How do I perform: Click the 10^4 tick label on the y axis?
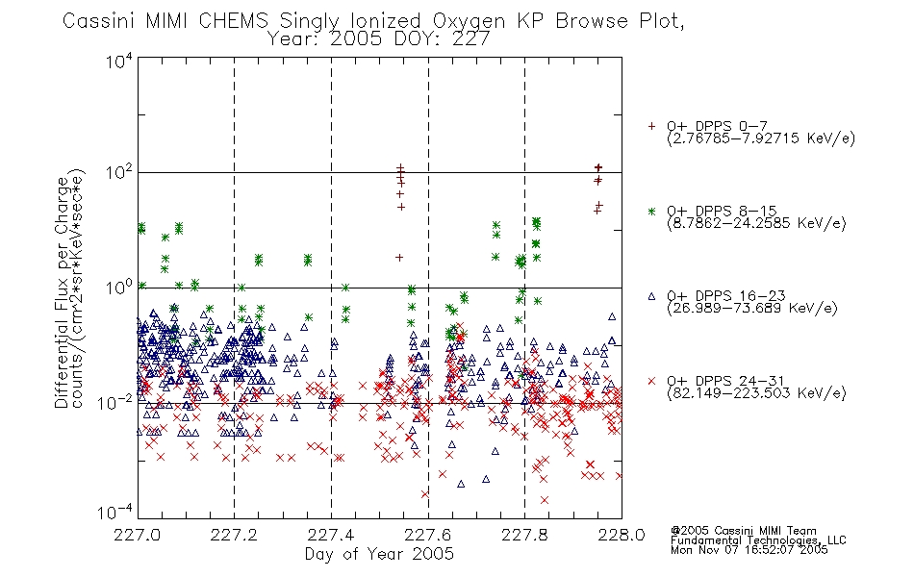[119, 62]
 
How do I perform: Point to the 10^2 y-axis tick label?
[119, 173]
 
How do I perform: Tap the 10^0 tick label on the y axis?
[119, 288]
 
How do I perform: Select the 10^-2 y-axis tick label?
[116, 403]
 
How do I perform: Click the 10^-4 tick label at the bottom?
[116, 513]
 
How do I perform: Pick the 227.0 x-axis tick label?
[138, 535]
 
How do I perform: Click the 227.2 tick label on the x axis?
[234, 535]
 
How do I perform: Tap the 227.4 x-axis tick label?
[331, 535]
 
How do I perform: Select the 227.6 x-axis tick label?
[428, 535]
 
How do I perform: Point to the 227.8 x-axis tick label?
[524, 535]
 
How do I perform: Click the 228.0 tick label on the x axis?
[622, 535]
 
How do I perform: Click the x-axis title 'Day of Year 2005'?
[379, 554]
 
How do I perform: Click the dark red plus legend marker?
[651, 126]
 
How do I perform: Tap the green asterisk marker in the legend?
[651, 211]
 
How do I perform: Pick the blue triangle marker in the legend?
[651, 296]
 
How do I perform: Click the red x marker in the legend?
[651, 381]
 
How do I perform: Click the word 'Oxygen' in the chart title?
[469, 21]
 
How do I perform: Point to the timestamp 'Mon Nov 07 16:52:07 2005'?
[749, 550]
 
